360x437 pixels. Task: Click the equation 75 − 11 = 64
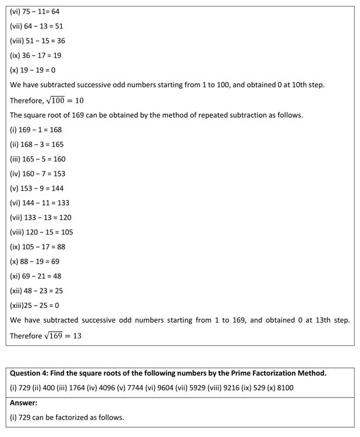[x=41, y=12]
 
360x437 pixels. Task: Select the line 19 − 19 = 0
[x=38, y=70]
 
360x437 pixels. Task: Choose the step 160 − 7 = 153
[x=44, y=174]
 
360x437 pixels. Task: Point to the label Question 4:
[x=31, y=373]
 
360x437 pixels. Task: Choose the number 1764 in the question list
[x=81, y=388]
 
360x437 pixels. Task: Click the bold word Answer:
[x=24, y=402]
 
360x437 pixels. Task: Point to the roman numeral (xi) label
[x=16, y=276]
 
